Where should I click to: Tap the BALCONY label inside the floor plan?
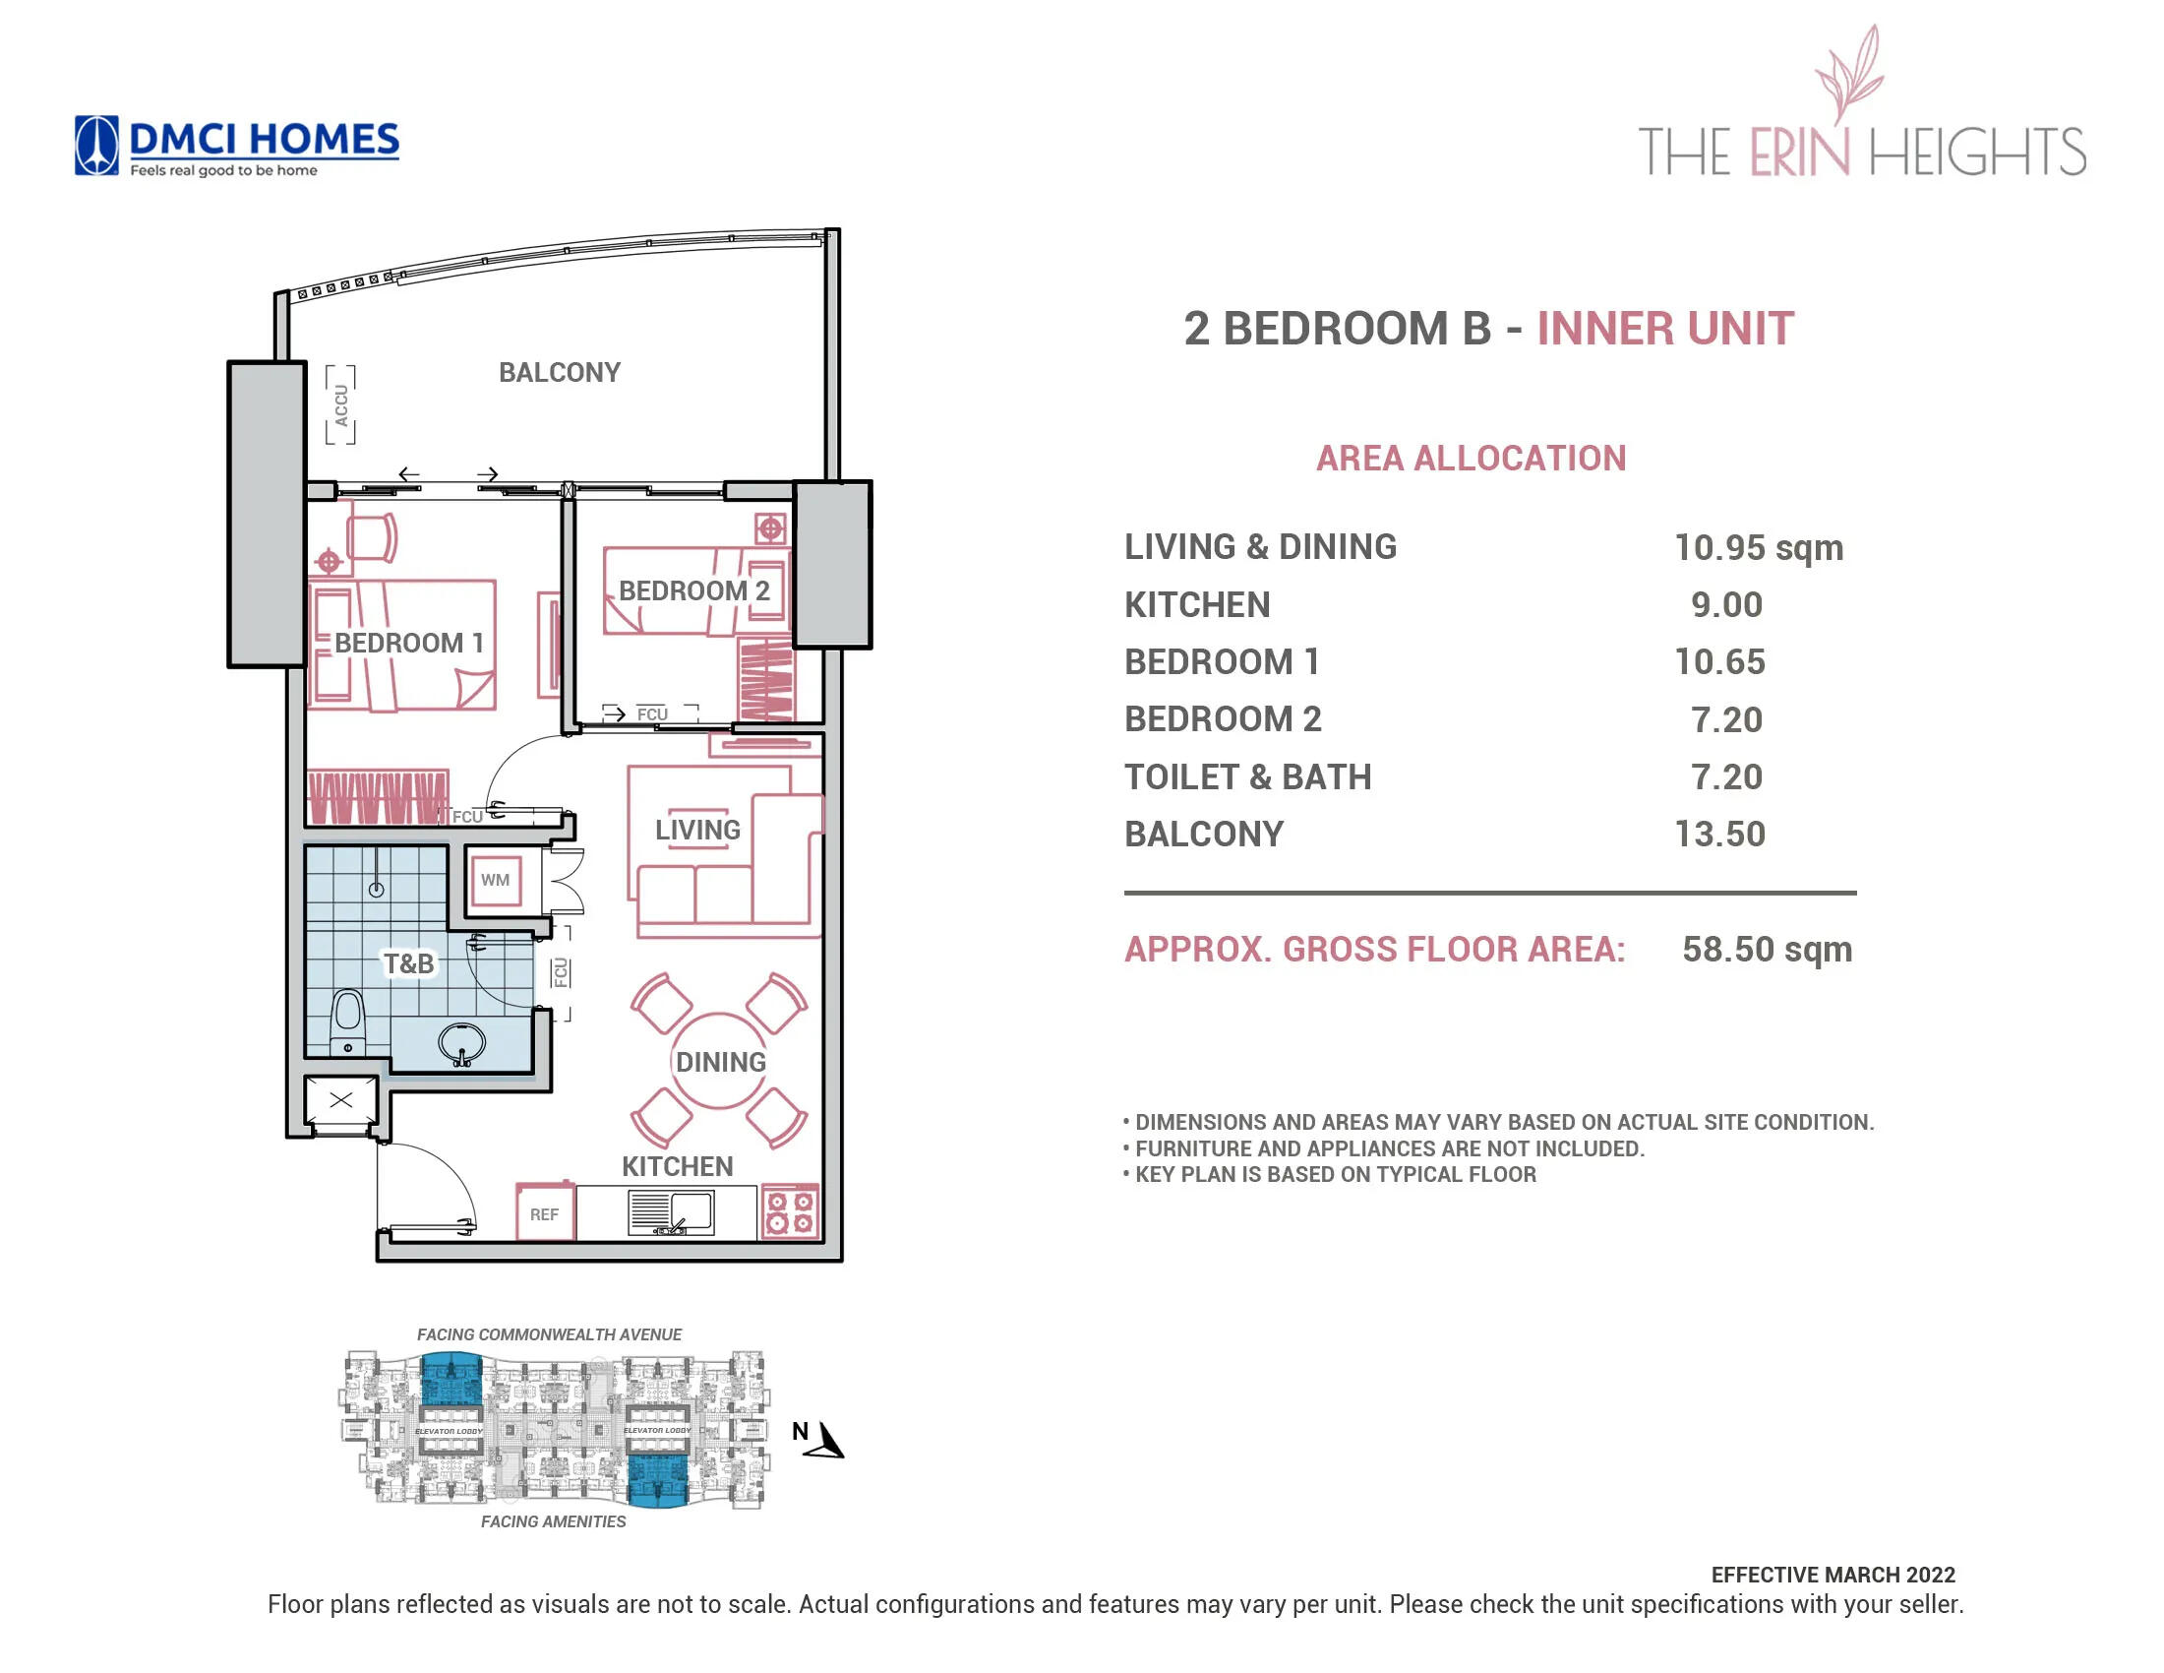pyautogui.click(x=559, y=373)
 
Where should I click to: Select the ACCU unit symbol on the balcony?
pyautogui.click(x=341, y=404)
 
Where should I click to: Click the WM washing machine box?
pyautogui.click(x=495, y=880)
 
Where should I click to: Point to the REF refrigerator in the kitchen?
pyautogui.click(x=544, y=1213)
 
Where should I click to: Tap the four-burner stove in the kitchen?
pyautogui.click(x=790, y=1212)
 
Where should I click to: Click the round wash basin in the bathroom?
pyautogui.click(x=461, y=1043)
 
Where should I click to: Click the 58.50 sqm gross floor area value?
pyautogui.click(x=1766, y=950)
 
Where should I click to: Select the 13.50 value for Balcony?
pyautogui.click(x=1719, y=835)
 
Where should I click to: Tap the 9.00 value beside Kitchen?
pyautogui.click(x=1726, y=604)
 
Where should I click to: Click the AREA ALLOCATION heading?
pyautogui.click(x=1471, y=459)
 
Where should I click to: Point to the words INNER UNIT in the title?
pyautogui.click(x=1664, y=329)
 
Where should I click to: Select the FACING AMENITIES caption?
pyautogui.click(x=553, y=1521)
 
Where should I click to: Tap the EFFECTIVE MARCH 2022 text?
pyautogui.click(x=1833, y=1575)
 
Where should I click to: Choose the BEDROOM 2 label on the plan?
pyautogui.click(x=693, y=590)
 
